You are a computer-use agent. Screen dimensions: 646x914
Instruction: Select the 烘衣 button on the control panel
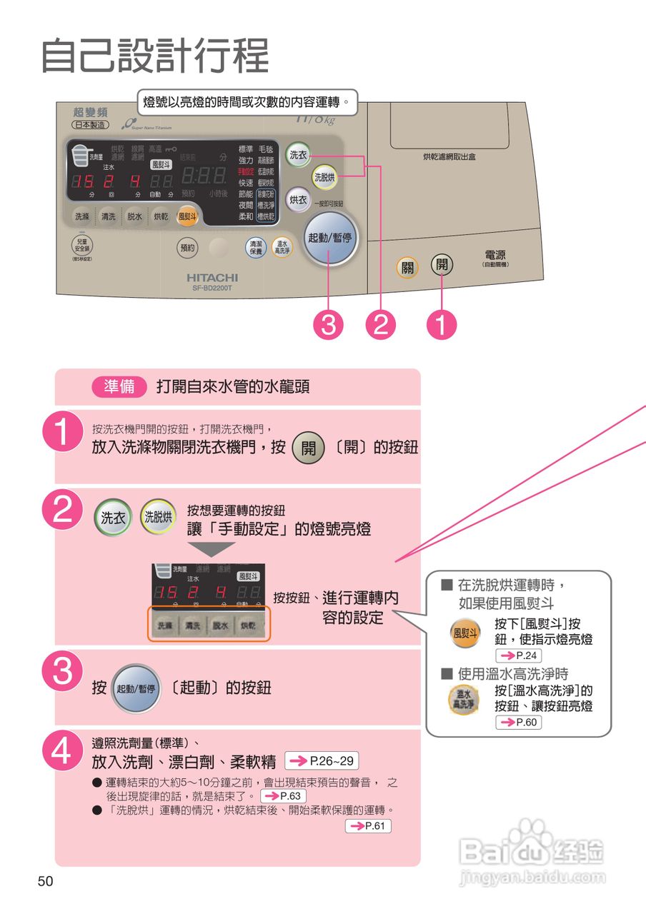[298, 201]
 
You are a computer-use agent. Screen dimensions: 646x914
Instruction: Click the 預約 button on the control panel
[187, 248]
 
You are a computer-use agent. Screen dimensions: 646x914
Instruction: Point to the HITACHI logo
[213, 277]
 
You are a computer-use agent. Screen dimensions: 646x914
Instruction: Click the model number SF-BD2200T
[213, 288]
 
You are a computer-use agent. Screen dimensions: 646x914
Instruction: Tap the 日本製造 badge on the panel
[90, 124]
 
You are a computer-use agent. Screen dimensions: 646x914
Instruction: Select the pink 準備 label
[119, 386]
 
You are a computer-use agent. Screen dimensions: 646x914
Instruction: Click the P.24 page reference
[518, 655]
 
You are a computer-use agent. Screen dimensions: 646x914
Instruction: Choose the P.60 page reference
[518, 723]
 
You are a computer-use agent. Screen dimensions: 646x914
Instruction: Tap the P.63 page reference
[284, 795]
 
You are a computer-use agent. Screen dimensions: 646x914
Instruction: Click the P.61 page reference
[368, 826]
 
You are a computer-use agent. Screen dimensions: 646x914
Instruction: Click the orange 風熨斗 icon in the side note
[464, 633]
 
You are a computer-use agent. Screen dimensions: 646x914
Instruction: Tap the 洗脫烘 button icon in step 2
[158, 517]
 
